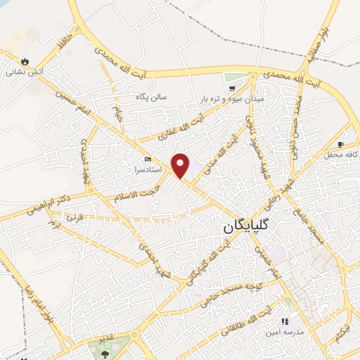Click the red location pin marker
point(181,165)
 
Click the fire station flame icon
point(25,61)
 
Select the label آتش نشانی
point(22,72)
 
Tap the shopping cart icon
point(231,89)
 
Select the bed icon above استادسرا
point(147,159)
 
